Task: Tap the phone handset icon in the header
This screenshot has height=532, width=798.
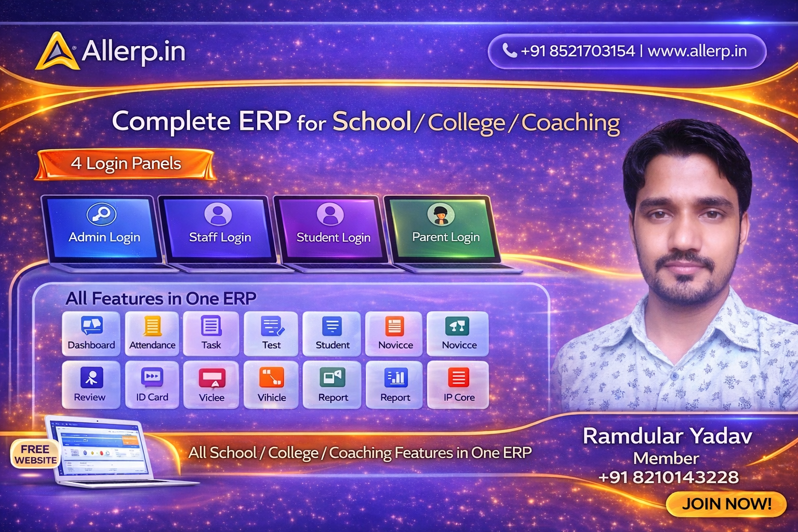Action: (x=509, y=50)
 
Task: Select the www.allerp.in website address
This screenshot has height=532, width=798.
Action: (x=697, y=51)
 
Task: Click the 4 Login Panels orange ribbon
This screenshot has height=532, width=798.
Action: (x=125, y=164)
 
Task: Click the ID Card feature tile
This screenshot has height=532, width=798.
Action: (x=152, y=385)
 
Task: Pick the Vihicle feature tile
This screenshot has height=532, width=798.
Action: (x=272, y=385)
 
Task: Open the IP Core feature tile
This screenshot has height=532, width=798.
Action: (x=458, y=385)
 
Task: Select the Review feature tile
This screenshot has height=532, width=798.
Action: (x=90, y=385)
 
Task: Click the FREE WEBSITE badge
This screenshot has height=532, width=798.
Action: (x=35, y=455)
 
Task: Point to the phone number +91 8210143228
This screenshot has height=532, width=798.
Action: (x=668, y=477)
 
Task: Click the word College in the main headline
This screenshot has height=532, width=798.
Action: (x=466, y=123)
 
